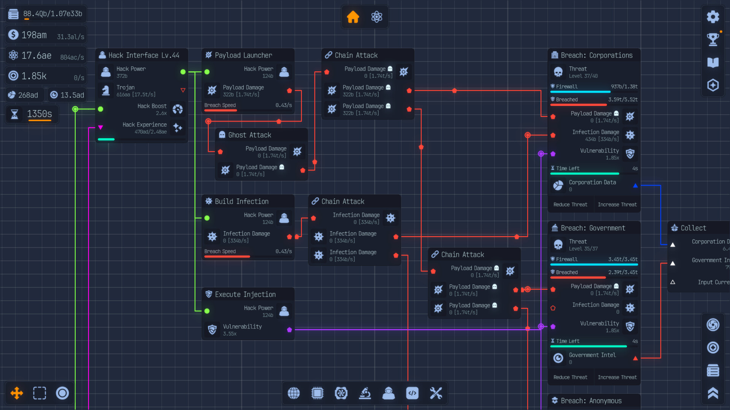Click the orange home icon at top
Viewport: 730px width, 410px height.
point(353,17)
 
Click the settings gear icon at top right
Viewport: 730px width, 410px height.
point(713,17)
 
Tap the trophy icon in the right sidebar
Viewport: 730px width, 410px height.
point(713,39)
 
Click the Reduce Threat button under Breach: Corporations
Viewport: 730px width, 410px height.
point(570,205)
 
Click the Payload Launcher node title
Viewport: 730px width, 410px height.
point(243,55)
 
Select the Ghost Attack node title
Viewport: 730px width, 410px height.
point(249,135)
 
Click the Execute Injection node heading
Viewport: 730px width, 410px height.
point(245,295)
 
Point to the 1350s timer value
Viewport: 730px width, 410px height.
point(40,114)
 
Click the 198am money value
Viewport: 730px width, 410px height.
point(34,35)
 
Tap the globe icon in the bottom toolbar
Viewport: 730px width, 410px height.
point(294,393)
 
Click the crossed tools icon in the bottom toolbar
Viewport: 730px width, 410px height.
point(436,393)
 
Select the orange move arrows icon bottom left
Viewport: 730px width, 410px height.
point(17,393)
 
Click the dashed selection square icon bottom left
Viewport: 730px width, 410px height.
point(40,393)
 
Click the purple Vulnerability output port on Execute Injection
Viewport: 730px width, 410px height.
point(289,330)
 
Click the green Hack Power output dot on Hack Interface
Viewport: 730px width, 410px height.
point(183,72)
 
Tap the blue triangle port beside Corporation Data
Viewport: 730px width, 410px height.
point(635,186)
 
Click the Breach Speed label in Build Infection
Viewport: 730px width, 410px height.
point(220,251)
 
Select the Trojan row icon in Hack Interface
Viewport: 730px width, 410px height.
point(106,91)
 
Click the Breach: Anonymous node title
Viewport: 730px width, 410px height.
point(591,401)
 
